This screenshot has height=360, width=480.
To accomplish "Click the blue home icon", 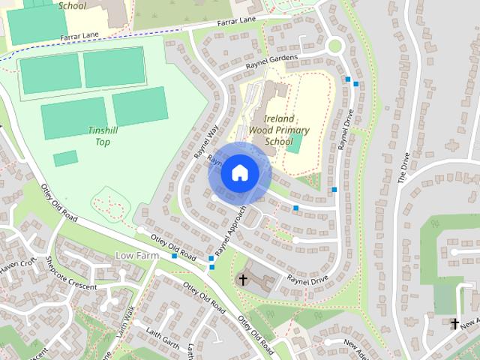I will click(x=240, y=173).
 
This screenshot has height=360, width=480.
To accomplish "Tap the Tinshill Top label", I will click(x=103, y=136).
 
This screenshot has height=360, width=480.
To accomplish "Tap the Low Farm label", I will click(x=139, y=256).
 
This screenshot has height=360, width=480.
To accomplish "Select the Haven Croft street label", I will click(x=18, y=265).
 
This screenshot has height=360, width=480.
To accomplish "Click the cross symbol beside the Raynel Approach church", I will click(x=242, y=280).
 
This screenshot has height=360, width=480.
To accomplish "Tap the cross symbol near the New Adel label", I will click(x=454, y=324).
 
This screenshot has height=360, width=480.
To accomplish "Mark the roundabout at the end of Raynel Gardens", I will click(x=334, y=46).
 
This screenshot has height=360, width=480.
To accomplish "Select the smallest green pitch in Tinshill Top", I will click(x=65, y=158).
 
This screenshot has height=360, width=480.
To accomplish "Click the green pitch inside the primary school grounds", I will click(x=295, y=142).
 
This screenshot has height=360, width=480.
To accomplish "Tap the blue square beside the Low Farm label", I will click(x=174, y=256).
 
